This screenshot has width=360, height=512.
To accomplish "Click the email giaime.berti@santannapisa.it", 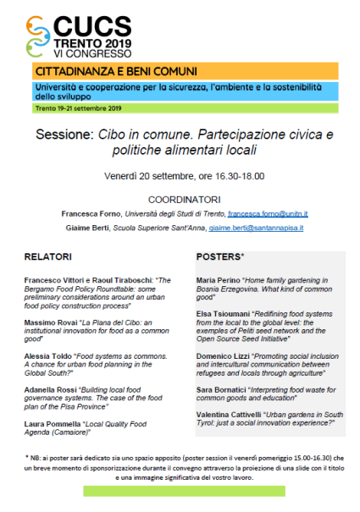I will pos(256,228).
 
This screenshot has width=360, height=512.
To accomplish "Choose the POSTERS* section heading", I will pos(220,256).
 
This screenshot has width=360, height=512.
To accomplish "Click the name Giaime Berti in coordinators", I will pos(86,228).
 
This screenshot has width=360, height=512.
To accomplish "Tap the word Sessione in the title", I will pos(64,135).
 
